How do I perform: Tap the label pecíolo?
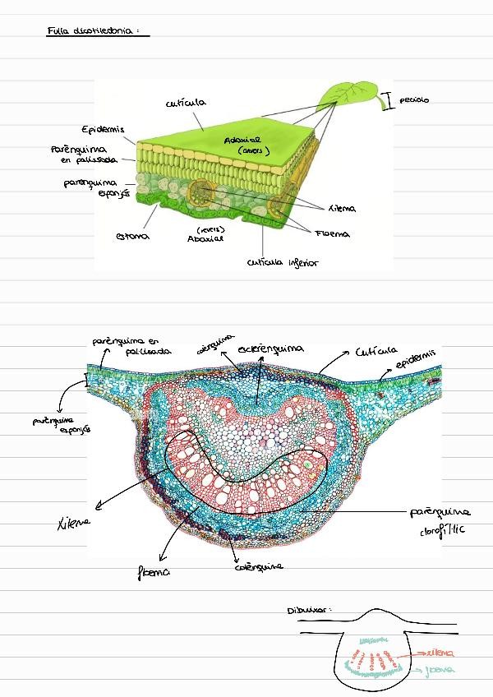click(x=414, y=100)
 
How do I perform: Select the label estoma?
click(x=132, y=237)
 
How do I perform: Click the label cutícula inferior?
click(x=281, y=264)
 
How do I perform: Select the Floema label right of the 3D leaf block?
click(x=331, y=234)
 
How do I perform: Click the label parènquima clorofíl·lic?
click(x=440, y=521)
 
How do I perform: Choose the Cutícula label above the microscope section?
click(x=376, y=351)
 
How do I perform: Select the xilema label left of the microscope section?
click(x=73, y=520)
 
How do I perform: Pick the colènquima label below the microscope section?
click(x=259, y=566)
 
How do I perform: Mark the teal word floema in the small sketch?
click(x=440, y=670)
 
